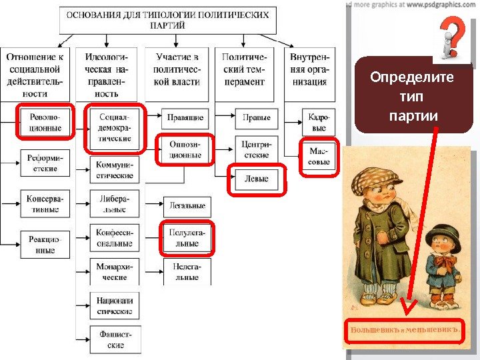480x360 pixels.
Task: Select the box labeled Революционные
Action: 45,123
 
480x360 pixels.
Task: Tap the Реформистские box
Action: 45,164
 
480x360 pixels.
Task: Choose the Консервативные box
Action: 45,204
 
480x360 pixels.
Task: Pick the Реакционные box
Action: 45,245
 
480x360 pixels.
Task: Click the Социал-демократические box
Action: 114,126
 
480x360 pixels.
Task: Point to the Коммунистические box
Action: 114,170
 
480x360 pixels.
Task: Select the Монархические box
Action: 114,271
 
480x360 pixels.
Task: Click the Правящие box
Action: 185,118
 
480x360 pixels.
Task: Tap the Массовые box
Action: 319,157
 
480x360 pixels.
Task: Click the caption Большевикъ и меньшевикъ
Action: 406,330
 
